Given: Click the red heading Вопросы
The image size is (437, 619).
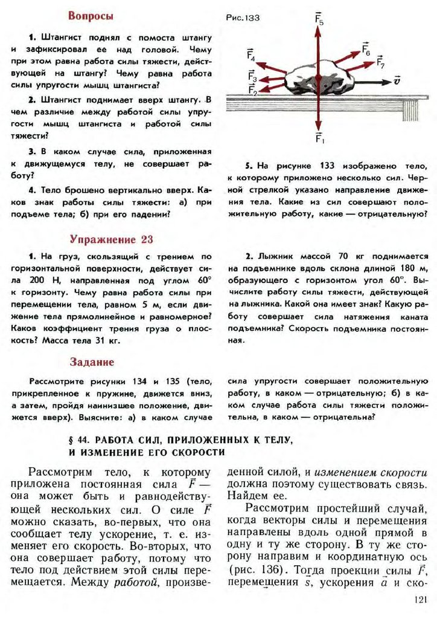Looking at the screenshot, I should tap(91, 16).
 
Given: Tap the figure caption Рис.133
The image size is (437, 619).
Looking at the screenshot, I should tap(243, 18).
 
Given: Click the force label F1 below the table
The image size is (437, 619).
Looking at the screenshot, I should tap(319, 138).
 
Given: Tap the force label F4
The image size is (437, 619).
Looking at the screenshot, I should tap(251, 56).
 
